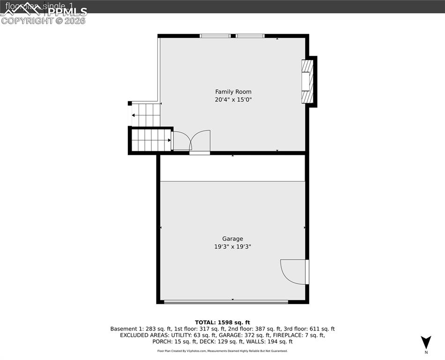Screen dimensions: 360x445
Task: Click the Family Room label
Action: point(233,92)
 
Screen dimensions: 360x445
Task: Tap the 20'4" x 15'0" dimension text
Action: point(233,100)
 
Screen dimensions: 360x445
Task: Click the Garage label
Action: point(232,239)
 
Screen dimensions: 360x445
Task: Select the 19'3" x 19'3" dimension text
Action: point(232,247)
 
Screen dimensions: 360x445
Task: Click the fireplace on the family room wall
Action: point(307,81)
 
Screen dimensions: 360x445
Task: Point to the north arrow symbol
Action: point(426,342)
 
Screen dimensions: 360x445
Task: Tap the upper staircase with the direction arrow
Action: point(146,115)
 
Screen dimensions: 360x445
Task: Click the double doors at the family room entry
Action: point(191,141)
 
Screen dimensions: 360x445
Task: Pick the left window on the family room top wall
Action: point(215,36)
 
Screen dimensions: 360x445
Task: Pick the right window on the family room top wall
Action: point(250,36)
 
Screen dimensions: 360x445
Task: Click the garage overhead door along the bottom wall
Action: point(226,302)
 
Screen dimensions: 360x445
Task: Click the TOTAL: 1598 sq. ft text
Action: point(222,322)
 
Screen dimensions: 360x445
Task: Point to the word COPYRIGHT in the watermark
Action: point(27,21)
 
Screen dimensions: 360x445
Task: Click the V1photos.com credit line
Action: point(222,351)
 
